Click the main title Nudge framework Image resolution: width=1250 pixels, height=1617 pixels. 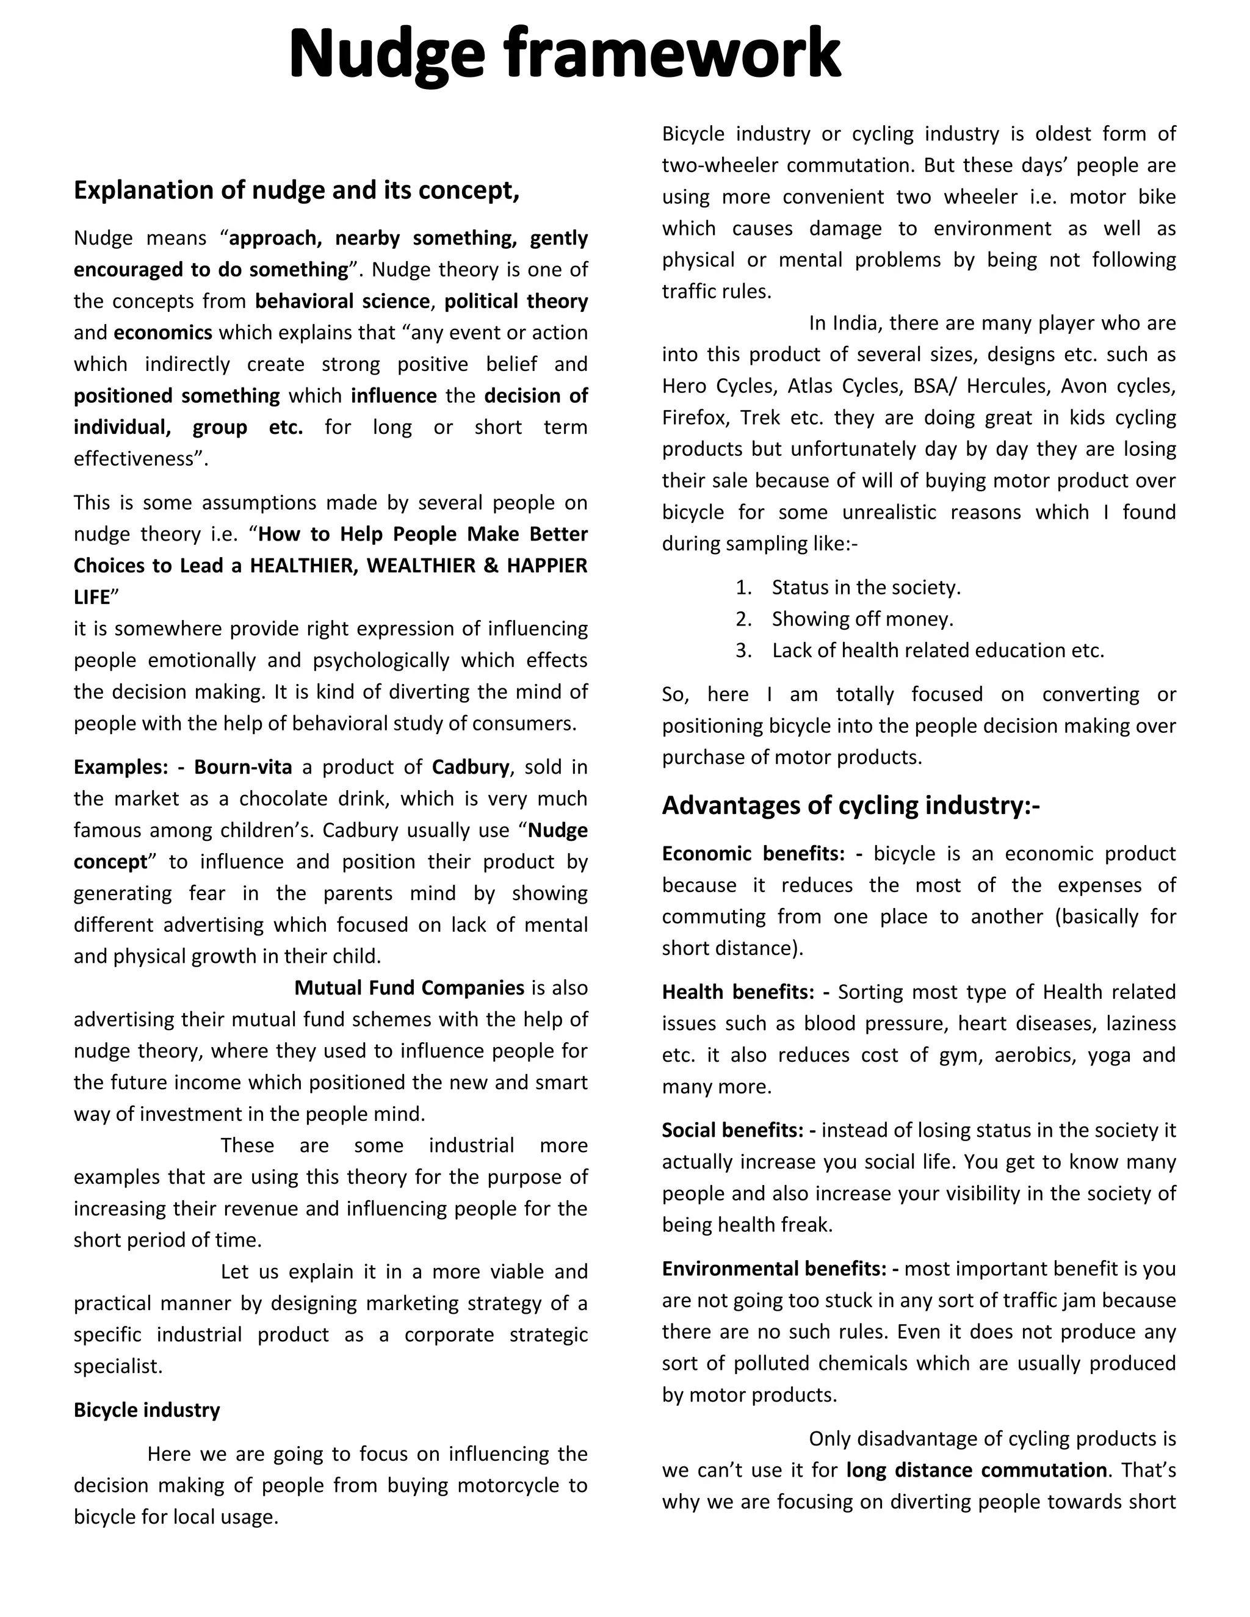point(565,53)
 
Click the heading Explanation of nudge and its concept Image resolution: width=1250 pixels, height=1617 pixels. point(296,190)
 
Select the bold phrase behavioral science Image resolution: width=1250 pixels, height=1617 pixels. point(342,301)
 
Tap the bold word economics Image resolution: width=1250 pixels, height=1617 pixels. point(163,333)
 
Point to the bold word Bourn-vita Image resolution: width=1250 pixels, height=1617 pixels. point(243,767)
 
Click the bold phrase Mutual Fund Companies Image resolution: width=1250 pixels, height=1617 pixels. point(409,988)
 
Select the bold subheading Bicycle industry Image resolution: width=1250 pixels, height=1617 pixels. point(146,1410)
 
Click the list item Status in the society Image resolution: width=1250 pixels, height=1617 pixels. point(865,587)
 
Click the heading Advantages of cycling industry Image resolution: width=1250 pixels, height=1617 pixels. point(850,805)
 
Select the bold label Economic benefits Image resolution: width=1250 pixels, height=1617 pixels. point(753,854)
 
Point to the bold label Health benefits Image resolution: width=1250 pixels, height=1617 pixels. point(737,992)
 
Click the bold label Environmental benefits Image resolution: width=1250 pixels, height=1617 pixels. point(773,1269)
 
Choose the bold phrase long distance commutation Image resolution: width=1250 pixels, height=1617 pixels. point(976,1471)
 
